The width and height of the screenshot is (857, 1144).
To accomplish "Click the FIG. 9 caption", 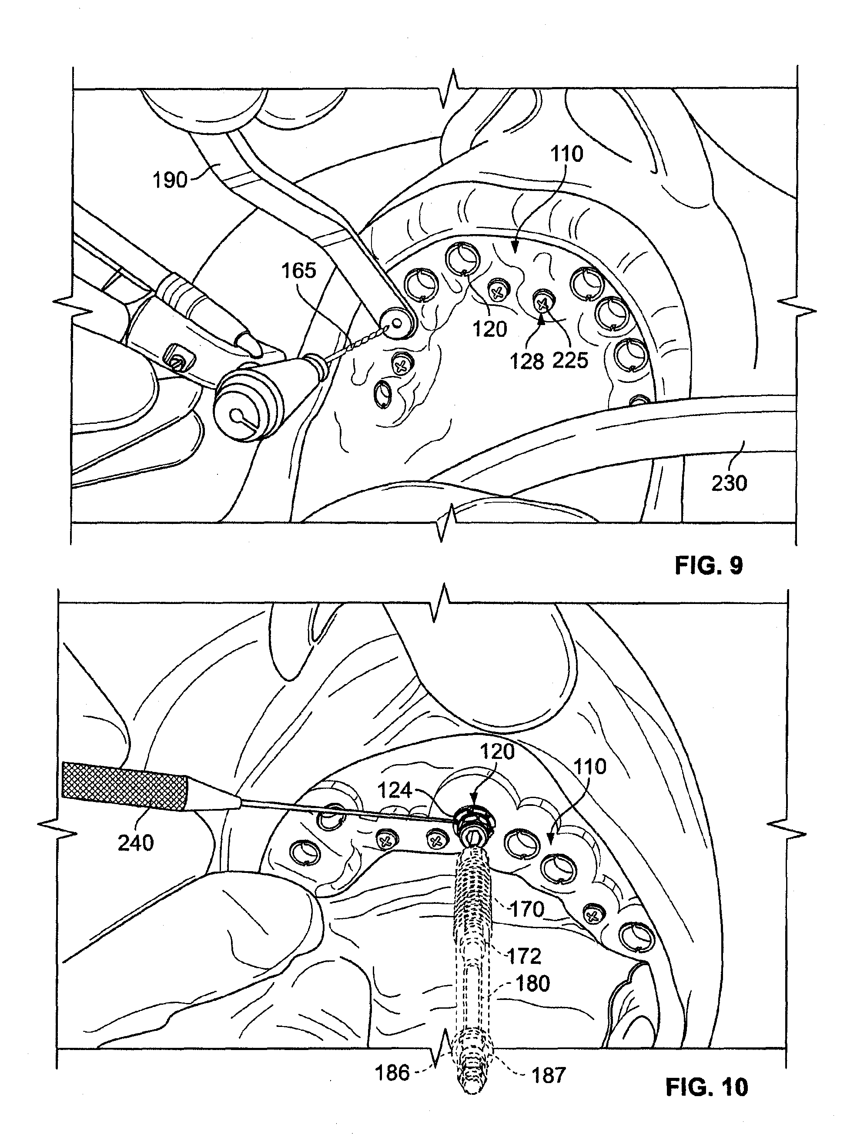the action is pos(709,565).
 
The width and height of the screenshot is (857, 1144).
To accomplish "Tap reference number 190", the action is pos(170,180).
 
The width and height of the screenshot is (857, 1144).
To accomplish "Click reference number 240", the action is pos(135,843).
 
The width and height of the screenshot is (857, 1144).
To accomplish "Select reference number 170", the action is pos(527,909).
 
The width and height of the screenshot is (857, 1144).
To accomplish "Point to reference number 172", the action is pos(524,956).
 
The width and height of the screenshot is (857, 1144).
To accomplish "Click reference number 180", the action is pos(532,983).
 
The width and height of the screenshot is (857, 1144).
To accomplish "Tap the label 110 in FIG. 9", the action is pos(567,154).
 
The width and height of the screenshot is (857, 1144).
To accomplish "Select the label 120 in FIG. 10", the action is pos(497,751).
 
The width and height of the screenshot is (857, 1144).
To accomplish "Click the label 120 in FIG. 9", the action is pos(490,329).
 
